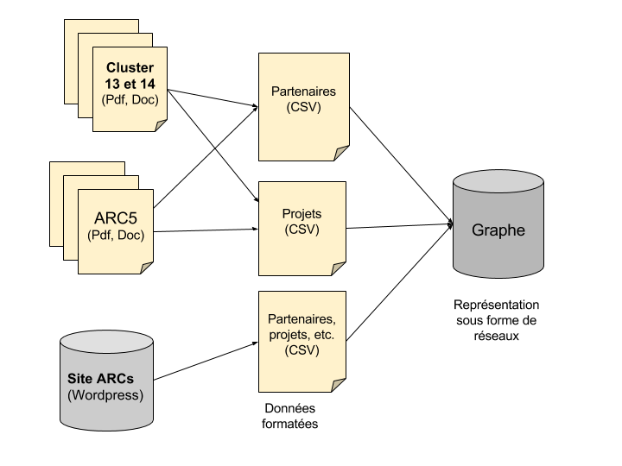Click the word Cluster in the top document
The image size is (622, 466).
tap(130, 68)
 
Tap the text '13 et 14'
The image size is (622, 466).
tap(130, 84)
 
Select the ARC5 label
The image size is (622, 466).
tap(116, 218)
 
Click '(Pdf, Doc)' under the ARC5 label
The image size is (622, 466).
tap(116, 235)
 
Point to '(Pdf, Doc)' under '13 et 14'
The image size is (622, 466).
tap(130, 100)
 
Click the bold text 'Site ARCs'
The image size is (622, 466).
tap(100, 379)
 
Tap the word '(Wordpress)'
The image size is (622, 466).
tap(105, 395)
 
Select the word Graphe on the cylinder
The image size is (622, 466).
tap(498, 230)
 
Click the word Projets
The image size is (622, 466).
tap(301, 214)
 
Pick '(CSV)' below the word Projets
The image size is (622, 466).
tap(301, 229)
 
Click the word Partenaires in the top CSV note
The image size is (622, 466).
tap(303, 91)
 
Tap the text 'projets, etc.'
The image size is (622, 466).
tap(301, 335)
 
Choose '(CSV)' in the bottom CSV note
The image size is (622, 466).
tap(301, 350)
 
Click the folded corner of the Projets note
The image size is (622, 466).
tap(339, 268)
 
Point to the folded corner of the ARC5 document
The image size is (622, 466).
tap(147, 268)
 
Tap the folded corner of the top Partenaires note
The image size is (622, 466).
tap(342, 154)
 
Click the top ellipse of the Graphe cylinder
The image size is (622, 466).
tap(498, 182)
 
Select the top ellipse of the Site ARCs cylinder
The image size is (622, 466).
tap(106, 342)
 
